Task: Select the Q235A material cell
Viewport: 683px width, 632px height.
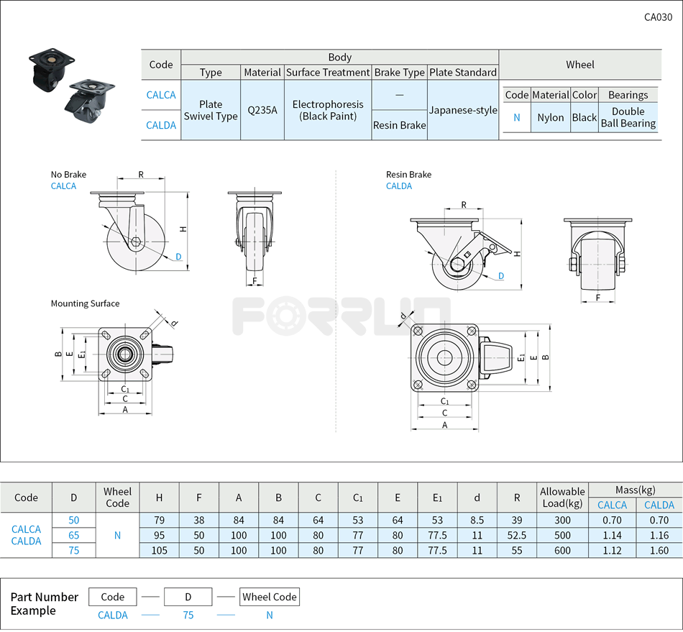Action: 262,110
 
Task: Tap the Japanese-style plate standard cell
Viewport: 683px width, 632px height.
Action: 463,110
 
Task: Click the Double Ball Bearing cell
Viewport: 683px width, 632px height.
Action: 628,117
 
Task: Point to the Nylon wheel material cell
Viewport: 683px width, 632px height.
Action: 551,117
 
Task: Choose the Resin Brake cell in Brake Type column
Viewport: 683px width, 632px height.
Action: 399,125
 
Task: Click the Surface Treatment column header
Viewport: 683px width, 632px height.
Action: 328,72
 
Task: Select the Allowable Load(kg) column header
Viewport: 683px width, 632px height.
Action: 562,498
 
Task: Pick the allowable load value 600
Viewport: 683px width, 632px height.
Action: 562,551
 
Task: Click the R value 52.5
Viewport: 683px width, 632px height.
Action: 516,535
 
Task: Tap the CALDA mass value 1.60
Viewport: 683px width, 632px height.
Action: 659,551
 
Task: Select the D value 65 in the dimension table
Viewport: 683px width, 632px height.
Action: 73,535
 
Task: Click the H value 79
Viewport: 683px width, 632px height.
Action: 159,520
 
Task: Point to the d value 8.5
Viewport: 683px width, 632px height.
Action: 477,520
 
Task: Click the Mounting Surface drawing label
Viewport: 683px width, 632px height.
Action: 85,303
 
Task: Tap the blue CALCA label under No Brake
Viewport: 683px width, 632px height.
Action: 63,186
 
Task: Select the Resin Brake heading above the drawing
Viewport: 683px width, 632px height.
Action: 408,174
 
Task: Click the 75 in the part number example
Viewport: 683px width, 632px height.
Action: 188,615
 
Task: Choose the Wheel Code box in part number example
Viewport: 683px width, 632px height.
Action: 269,597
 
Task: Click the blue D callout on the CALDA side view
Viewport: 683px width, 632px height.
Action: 501,276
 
